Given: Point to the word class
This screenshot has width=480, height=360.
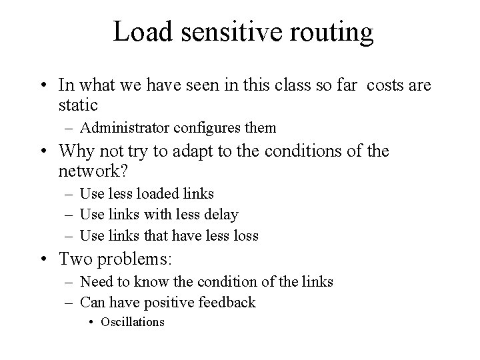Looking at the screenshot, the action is (309, 85).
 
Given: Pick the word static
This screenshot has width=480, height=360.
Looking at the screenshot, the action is (79, 105).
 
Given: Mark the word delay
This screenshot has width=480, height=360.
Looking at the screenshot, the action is (221, 215).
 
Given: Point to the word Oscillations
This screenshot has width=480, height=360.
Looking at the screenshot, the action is (132, 321).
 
